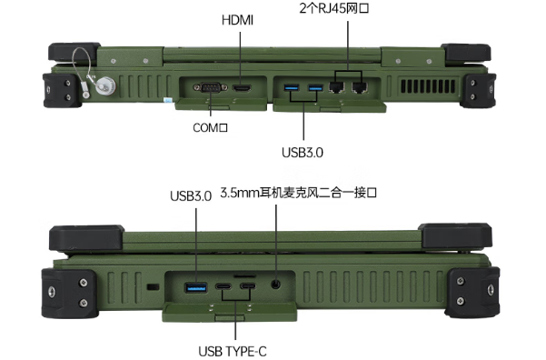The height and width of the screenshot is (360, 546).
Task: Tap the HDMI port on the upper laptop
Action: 242,88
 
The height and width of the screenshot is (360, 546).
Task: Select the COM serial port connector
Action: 210,88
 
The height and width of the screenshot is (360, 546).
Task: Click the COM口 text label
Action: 209,129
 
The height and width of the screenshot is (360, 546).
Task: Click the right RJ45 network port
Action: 360,88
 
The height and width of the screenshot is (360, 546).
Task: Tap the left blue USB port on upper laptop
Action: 292,87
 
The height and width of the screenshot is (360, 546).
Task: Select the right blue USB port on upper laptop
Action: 314,87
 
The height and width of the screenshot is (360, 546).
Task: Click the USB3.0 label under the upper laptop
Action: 303,154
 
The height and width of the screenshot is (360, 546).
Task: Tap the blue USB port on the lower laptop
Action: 195,288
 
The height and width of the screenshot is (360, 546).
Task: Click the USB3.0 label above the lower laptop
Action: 191,195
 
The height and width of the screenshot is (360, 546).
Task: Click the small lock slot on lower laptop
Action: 153,287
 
